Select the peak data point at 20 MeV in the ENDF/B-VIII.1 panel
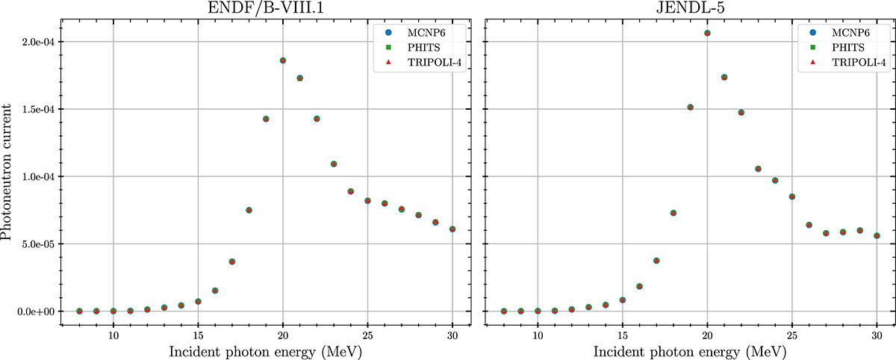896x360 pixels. click(283, 60)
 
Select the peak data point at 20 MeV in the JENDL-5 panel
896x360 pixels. click(707, 34)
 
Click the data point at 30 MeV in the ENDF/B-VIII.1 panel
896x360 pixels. click(452, 229)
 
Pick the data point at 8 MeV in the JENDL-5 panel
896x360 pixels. click(504, 311)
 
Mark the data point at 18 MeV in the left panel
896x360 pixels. click(249, 210)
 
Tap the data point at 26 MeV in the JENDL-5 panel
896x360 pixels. click(809, 225)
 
